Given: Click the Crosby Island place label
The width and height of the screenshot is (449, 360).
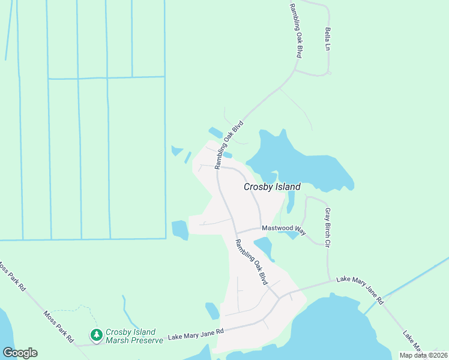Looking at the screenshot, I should click(x=271, y=187).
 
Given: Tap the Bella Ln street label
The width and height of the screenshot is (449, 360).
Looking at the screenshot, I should click(x=328, y=38).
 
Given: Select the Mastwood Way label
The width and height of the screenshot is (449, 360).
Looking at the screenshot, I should click(x=284, y=230).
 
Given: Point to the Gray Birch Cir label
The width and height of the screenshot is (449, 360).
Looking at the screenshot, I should click(x=328, y=227).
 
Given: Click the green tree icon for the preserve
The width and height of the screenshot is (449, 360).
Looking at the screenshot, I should click(x=95, y=334).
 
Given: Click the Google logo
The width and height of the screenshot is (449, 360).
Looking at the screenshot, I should click(x=20, y=353).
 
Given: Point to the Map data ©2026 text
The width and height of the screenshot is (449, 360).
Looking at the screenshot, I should click(x=422, y=355).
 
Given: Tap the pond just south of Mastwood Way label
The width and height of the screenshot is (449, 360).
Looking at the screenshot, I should click(x=264, y=247).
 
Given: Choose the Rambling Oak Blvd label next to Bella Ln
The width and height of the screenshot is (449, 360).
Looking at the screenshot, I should click(x=295, y=30).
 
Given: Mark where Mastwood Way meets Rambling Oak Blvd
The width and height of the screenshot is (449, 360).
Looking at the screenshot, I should click(x=235, y=233).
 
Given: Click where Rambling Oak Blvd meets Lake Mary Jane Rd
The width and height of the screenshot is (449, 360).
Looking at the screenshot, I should click(x=278, y=298).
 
